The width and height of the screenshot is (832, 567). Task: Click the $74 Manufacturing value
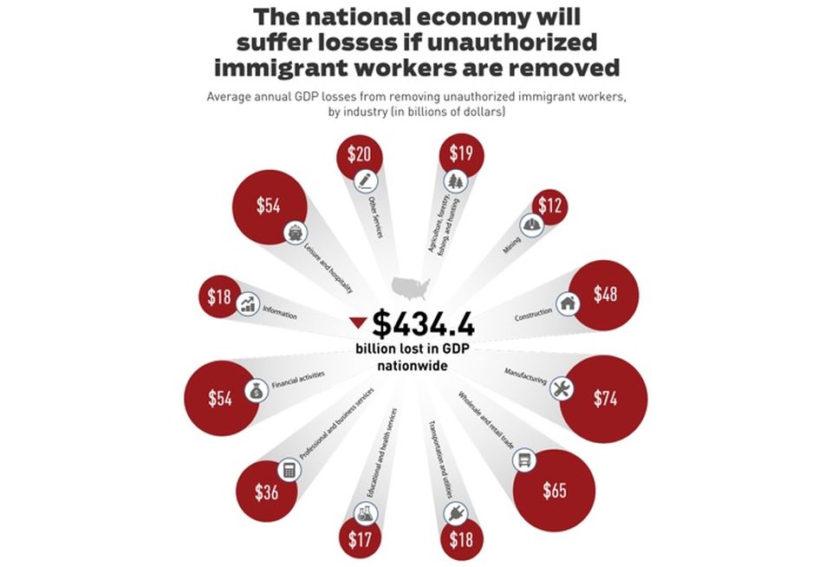point(605,398)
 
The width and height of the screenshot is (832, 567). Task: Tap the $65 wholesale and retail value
point(555,490)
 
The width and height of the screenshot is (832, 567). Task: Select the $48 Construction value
point(605,294)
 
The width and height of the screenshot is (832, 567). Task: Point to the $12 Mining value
point(549,205)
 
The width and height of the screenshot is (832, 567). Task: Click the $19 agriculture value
point(461,153)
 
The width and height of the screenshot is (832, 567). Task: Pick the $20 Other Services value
point(359,154)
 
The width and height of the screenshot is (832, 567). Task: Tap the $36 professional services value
point(266,492)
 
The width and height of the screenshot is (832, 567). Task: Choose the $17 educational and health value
point(360,540)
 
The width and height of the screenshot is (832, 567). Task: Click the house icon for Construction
point(568,303)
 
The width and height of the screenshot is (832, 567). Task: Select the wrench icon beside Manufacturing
point(561,388)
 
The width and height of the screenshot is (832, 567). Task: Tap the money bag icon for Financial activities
point(257,391)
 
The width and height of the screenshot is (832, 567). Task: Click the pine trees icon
point(455,181)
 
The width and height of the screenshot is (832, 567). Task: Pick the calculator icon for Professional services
point(289,470)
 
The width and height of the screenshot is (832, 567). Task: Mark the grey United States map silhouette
point(411,288)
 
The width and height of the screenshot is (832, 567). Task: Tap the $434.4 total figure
point(423,324)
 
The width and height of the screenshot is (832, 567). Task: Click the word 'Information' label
point(280,313)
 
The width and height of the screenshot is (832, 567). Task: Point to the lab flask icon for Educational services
point(366,513)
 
